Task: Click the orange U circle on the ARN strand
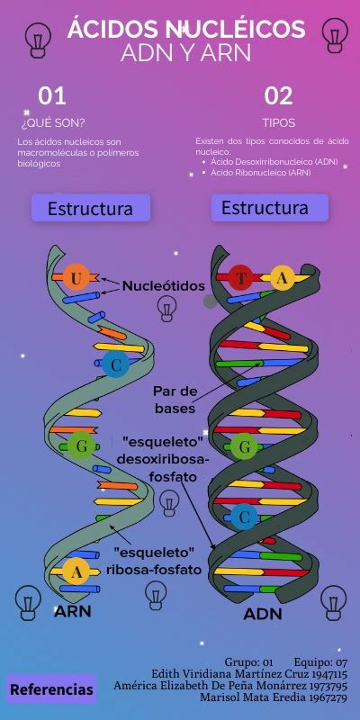(x=76, y=277)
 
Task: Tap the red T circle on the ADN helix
(x=241, y=277)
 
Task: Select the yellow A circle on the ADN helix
(x=282, y=278)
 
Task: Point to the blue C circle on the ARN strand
(x=116, y=364)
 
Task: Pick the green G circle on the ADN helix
(x=244, y=445)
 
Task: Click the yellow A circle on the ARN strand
(x=76, y=571)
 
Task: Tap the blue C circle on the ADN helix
(x=244, y=517)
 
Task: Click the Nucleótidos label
(x=164, y=286)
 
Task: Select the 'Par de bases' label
(x=175, y=400)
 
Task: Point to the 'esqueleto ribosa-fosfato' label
(x=154, y=561)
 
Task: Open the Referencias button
(x=51, y=688)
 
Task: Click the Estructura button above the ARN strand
(x=91, y=208)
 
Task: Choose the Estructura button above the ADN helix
(x=269, y=208)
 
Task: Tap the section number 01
(x=52, y=96)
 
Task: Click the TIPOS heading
(x=279, y=123)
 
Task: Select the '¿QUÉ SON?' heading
(x=53, y=123)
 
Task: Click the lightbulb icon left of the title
(x=38, y=40)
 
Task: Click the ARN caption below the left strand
(x=73, y=611)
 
